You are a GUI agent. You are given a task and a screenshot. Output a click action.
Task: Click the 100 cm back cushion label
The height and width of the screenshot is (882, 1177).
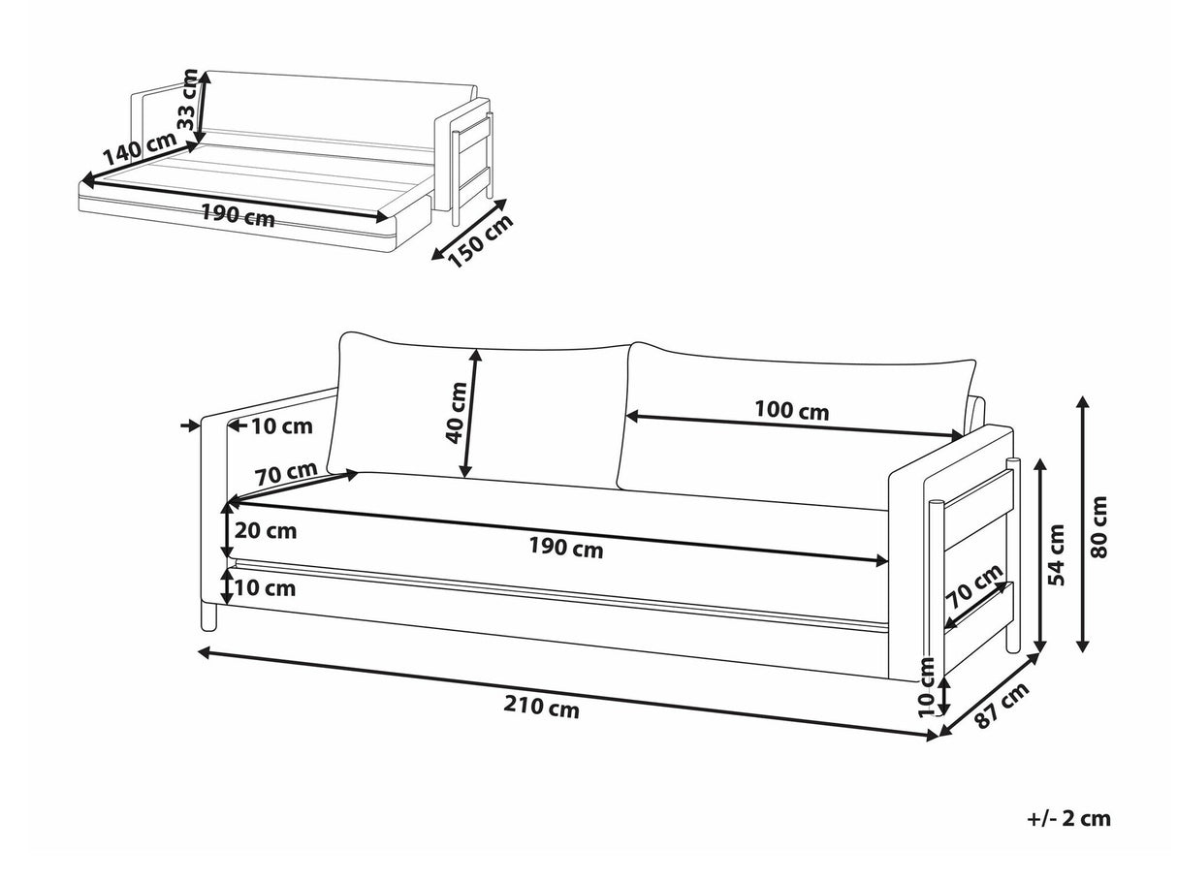tap(791, 411)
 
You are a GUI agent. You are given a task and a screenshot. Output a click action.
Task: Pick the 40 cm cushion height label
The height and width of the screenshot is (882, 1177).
tap(457, 412)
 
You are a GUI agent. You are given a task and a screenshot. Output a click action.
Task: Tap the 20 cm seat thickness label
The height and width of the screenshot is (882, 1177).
tap(266, 531)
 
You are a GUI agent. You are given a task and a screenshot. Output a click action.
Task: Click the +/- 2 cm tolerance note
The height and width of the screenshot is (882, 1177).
tap(1068, 818)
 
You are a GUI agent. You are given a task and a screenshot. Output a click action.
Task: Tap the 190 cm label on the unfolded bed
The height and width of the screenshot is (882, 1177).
tap(238, 216)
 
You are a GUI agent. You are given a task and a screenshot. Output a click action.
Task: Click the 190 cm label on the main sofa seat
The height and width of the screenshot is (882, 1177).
tap(565, 549)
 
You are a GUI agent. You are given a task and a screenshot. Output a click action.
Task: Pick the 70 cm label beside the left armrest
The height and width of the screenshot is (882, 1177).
tap(286, 476)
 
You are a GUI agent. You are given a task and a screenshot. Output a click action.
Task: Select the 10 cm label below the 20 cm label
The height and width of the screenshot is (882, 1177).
tap(265, 588)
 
